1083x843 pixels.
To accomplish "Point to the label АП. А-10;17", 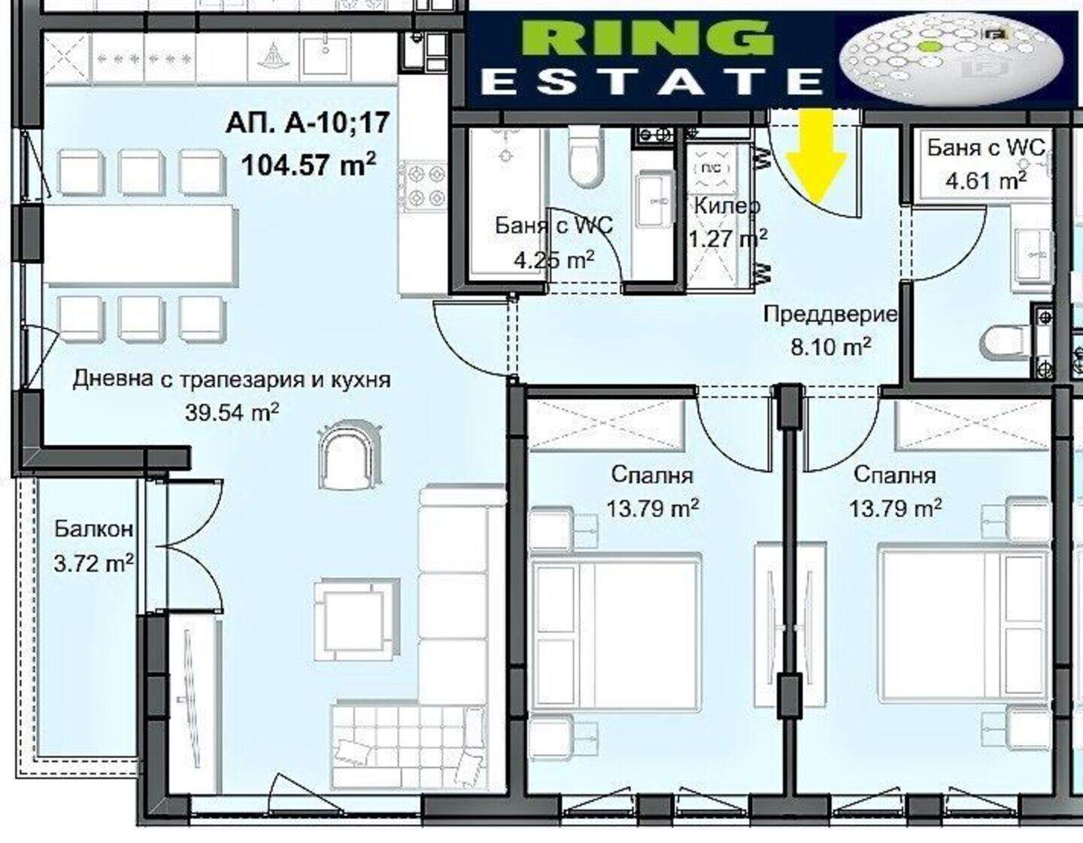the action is point(307,123).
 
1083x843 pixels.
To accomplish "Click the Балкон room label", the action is point(94,528).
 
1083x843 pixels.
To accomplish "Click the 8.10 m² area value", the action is point(831,346).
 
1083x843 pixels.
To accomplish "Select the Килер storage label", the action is point(727,205).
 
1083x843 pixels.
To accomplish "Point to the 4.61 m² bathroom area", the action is point(986,180).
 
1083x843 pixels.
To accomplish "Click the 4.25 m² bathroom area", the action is point(554,260).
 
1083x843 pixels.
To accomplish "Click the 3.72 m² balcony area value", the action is point(94,565).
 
